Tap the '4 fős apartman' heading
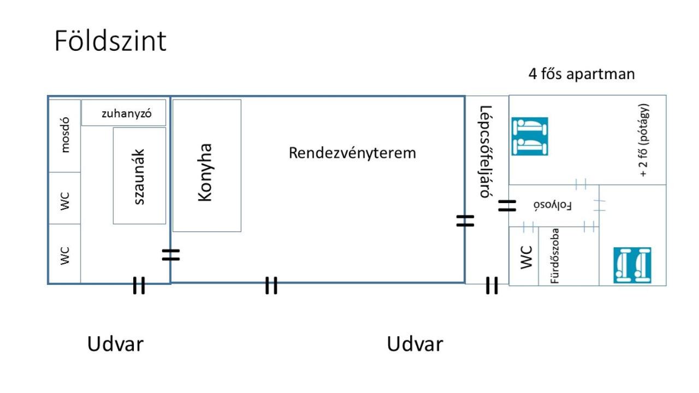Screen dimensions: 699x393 (582, 74)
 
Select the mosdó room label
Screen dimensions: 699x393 (65, 135)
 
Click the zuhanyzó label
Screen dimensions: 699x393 (126, 114)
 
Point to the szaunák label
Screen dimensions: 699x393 (139, 176)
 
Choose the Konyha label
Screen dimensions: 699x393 (205, 172)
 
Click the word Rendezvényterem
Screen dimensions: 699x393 (352, 153)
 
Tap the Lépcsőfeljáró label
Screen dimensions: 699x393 (485, 152)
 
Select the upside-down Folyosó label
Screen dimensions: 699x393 (552, 206)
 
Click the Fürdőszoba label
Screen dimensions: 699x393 (555, 256)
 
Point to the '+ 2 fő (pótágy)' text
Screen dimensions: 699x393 (644, 140)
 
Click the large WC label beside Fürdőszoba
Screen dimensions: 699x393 (526, 257)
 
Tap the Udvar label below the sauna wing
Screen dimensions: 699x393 (115, 344)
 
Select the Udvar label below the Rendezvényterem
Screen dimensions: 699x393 (414, 344)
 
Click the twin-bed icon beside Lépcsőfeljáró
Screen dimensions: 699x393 (530, 136)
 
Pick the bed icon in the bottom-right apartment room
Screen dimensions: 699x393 (632, 265)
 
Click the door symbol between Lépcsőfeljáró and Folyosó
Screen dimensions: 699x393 (507, 206)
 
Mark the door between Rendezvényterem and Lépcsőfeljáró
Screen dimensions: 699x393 (465, 221)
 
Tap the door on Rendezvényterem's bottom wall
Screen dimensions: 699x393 (271, 285)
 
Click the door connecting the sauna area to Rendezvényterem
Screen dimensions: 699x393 (171, 255)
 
